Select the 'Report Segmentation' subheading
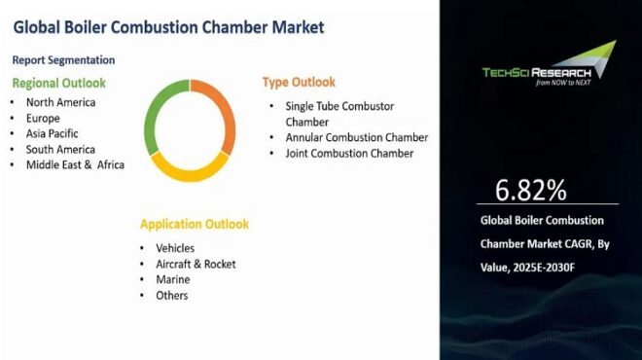click(x=64, y=60)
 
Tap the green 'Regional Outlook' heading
click(x=58, y=83)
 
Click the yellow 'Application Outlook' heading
click(x=195, y=224)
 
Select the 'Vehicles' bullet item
click(x=175, y=248)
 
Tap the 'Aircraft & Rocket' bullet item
click(x=196, y=264)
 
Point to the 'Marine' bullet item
click(x=172, y=279)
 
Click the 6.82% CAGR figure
click(x=530, y=188)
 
